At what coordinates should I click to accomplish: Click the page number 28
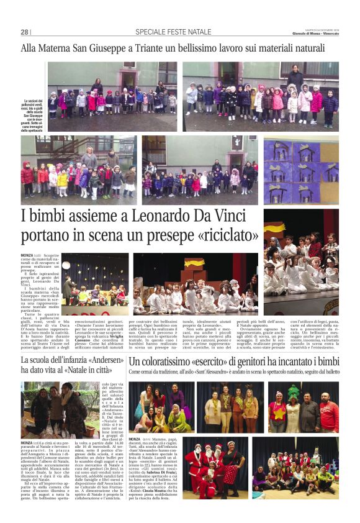25,32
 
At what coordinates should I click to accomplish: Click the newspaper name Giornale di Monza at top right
316,34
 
